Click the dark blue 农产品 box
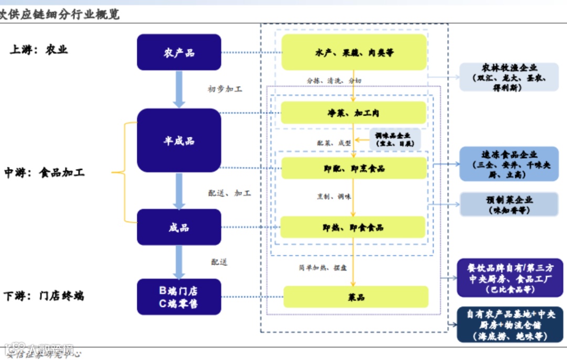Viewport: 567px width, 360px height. point(179,52)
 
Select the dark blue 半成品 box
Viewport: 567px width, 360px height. point(179,141)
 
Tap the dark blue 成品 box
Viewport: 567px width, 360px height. point(179,227)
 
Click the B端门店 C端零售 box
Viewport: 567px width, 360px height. point(179,297)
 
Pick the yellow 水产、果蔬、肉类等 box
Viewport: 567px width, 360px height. point(354,52)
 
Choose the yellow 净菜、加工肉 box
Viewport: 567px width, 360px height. point(354,113)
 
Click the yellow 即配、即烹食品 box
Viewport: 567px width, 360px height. point(354,168)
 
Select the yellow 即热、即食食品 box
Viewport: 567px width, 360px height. point(353,227)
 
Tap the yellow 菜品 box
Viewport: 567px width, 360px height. point(356,297)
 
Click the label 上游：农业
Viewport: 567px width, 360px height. point(39,50)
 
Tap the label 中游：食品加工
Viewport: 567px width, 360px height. point(44,173)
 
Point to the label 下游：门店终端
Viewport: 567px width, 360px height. point(44,296)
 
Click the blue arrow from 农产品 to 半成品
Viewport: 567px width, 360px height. point(179,89)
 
